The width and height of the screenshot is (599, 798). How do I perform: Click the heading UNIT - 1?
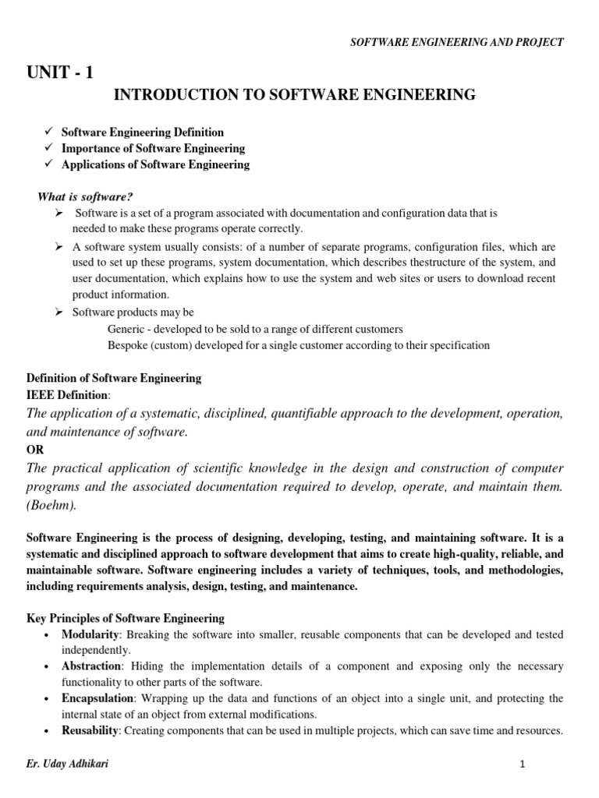[x=59, y=72]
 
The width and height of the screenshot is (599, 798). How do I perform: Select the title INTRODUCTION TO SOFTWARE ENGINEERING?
[x=295, y=95]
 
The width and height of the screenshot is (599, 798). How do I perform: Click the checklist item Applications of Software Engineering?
[x=155, y=164]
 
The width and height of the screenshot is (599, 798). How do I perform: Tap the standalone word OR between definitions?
[x=36, y=450]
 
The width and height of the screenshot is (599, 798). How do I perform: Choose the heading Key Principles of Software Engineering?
[x=126, y=618]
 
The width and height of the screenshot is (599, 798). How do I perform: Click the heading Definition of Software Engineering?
[x=114, y=378]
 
